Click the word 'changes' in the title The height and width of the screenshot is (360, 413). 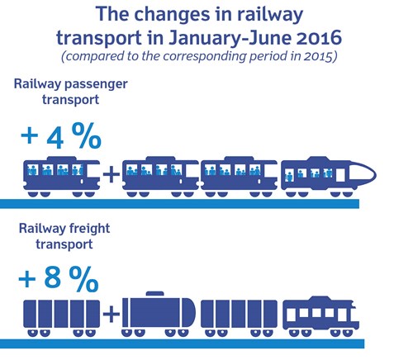173,15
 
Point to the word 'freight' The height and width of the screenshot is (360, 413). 89,229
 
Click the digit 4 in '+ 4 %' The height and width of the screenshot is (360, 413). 55,136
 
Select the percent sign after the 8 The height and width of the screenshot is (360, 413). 83,279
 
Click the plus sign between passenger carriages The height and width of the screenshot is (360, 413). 112,174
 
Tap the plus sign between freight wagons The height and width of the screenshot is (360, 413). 112,314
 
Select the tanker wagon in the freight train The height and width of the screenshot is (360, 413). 159,314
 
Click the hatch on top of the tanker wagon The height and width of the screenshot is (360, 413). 154,293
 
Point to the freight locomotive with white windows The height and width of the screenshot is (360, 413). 321,316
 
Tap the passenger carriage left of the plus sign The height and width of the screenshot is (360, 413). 61,177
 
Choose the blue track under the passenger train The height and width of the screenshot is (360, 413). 179,204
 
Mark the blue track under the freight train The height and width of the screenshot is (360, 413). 183,343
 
